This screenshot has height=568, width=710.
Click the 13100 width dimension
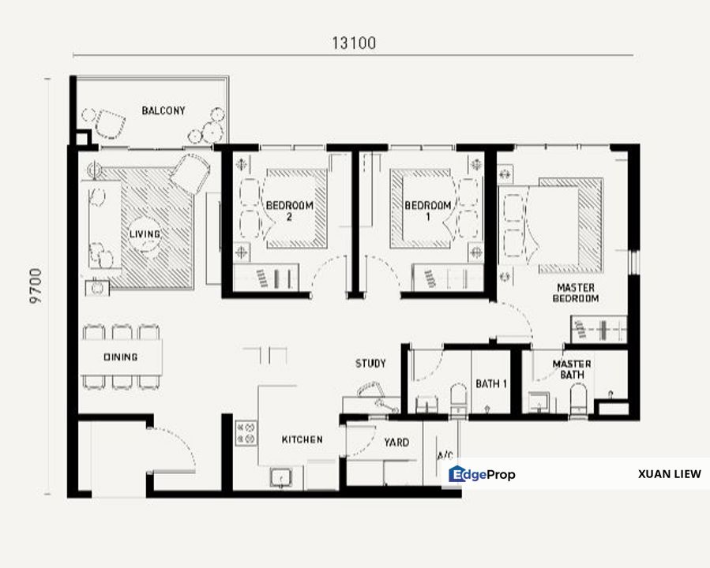pyautogui.click(x=354, y=43)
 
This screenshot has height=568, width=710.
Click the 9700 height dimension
pyautogui.click(x=36, y=286)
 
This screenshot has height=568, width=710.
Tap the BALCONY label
pyautogui.click(x=163, y=110)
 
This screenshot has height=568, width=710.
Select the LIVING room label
pyautogui.click(x=145, y=234)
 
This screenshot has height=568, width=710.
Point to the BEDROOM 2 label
pyautogui.click(x=289, y=211)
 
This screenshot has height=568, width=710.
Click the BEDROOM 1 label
pyautogui.click(x=428, y=211)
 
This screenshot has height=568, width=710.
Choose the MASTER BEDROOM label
pyautogui.click(x=576, y=293)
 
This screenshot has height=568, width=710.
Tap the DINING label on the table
pyautogui.click(x=121, y=357)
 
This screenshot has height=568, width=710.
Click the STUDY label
pyautogui.click(x=370, y=363)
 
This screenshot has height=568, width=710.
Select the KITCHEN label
pyautogui.click(x=302, y=439)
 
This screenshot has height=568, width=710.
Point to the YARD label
pyautogui.click(x=396, y=443)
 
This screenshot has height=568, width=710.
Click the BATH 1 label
pyautogui.click(x=491, y=384)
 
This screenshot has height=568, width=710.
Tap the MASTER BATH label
pyautogui.click(x=572, y=369)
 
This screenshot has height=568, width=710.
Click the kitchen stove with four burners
pyautogui.click(x=246, y=433)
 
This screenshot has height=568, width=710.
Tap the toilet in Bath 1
pyautogui.click(x=459, y=398)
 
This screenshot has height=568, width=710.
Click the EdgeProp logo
pyautogui.click(x=482, y=474)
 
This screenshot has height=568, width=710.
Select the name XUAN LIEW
pyautogui.click(x=669, y=474)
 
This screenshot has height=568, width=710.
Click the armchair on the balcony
pyautogui.click(x=110, y=124)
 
